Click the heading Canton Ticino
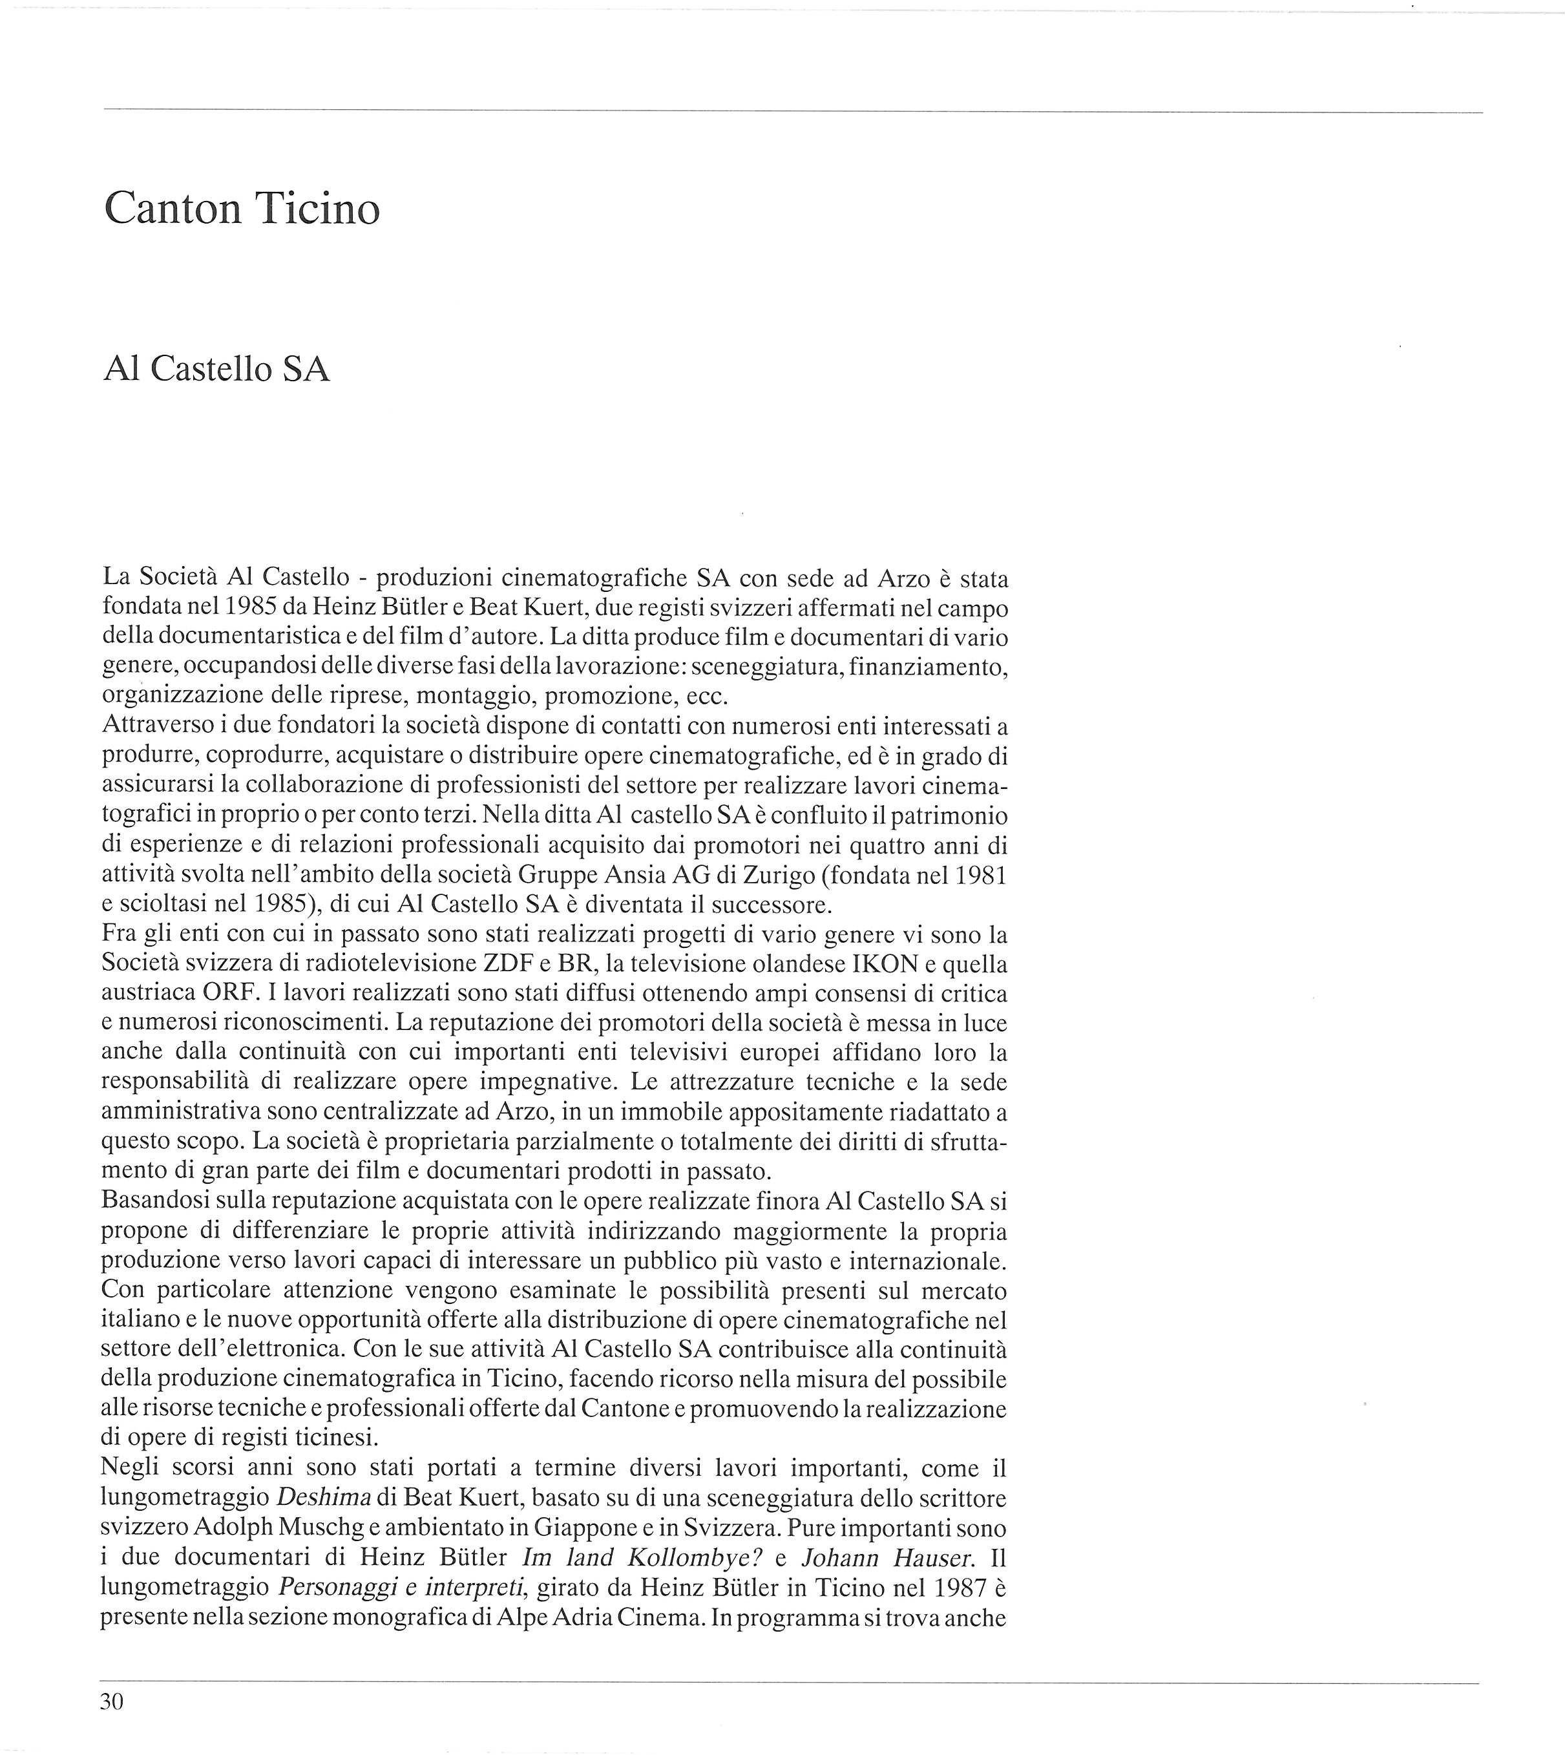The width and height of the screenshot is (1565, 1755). (x=242, y=208)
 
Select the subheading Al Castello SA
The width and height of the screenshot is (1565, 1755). (x=216, y=369)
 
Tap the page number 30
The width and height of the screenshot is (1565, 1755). (x=112, y=1701)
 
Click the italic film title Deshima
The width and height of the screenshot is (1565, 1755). (x=323, y=1497)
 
